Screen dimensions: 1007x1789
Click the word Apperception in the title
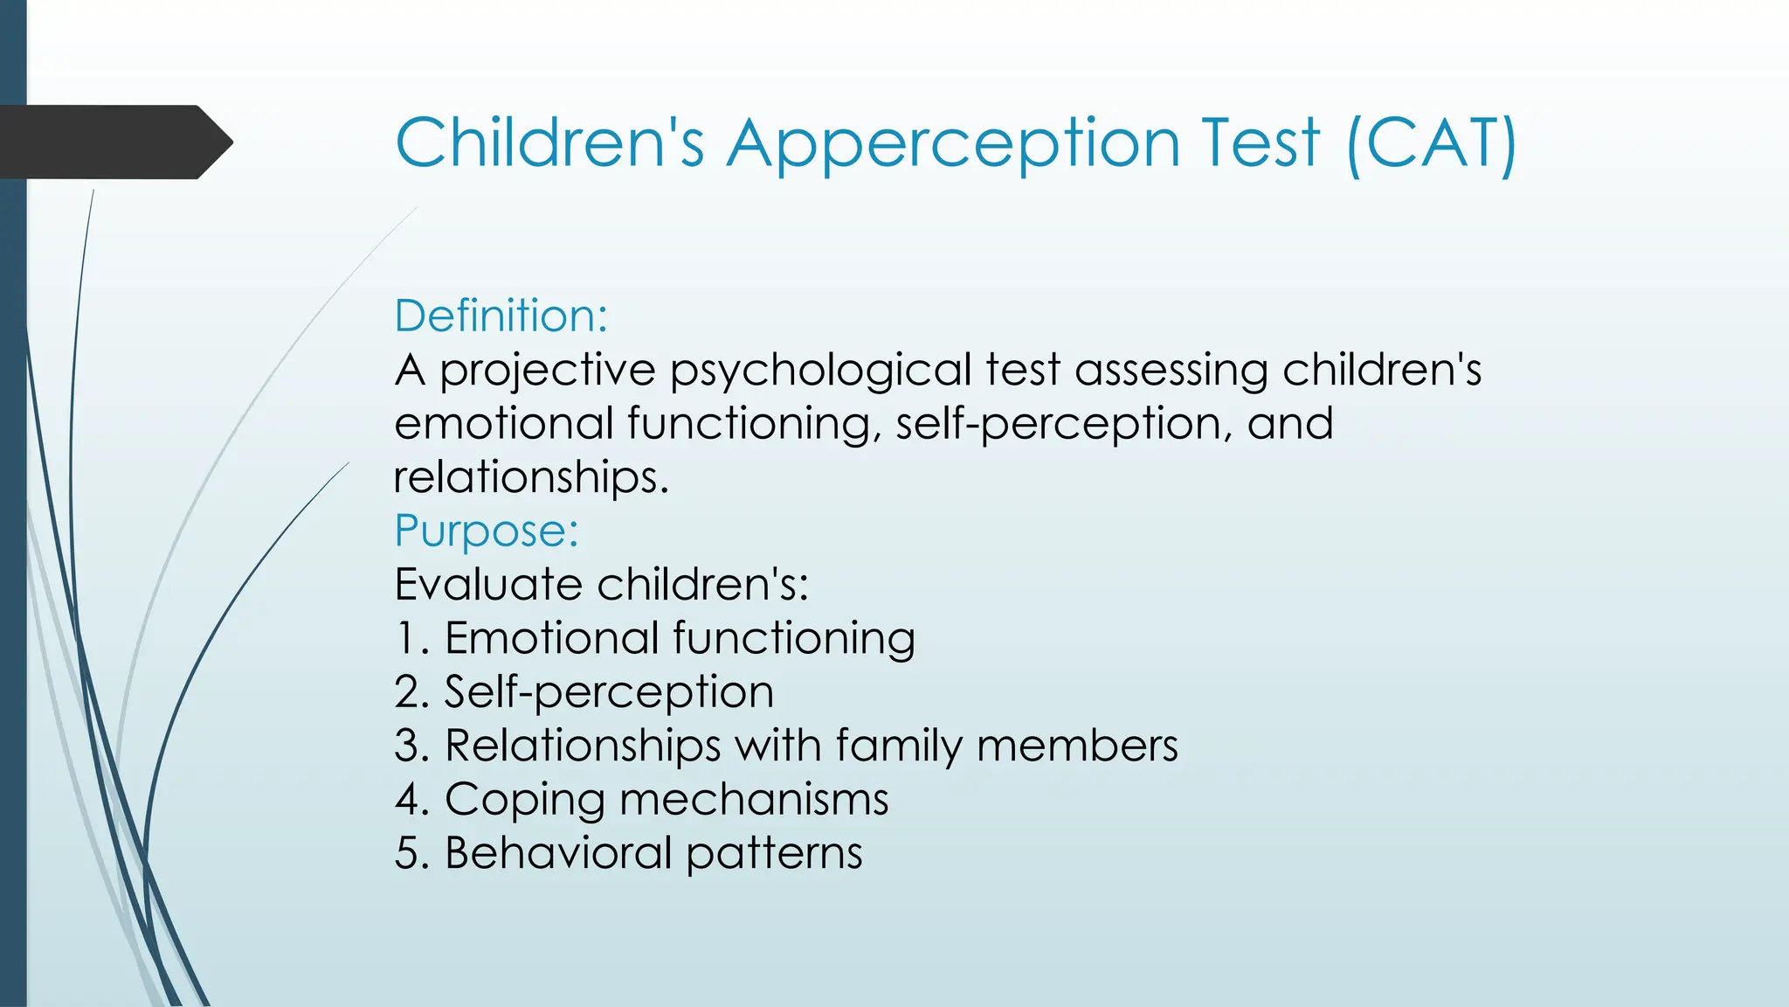[954, 143]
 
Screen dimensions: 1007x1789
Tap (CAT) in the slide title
[1431, 143]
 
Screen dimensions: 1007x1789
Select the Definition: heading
[501, 316]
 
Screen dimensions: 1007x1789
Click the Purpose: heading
[487, 531]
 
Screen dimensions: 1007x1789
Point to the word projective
[547, 370]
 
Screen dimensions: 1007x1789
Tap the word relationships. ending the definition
[530, 477]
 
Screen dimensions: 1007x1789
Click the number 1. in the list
[411, 638]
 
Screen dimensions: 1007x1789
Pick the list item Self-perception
[609, 692]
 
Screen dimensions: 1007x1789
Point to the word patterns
[774, 853]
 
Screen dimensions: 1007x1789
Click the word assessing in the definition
[1171, 370]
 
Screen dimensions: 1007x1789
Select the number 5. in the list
[411, 853]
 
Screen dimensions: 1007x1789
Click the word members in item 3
[1077, 747]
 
